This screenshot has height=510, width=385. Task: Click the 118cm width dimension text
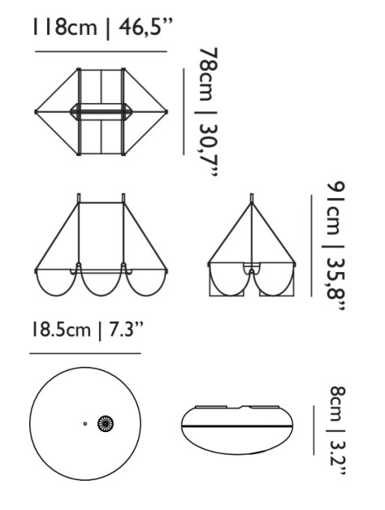(64, 28)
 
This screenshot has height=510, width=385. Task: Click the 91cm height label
(335, 209)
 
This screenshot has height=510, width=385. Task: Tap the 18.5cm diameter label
(61, 331)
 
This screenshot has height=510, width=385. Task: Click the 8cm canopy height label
(338, 404)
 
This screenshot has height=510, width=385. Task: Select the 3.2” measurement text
(338, 460)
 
